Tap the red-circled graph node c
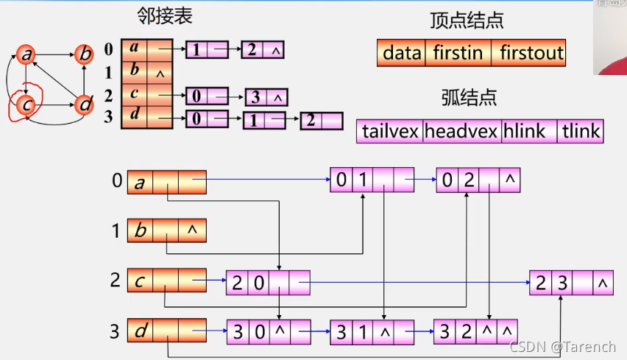pyautogui.click(x=26, y=105)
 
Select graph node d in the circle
pyautogui.click(x=85, y=105)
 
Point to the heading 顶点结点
pyautogui.click(x=467, y=21)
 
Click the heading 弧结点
pyautogui.click(x=469, y=97)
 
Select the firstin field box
pyautogui.click(x=458, y=53)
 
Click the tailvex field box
pyautogui.click(x=390, y=132)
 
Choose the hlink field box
pyautogui.click(x=528, y=132)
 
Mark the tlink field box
pyautogui.click(x=581, y=132)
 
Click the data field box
pyautogui.click(x=402, y=53)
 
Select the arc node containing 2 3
pyautogui.click(x=570, y=283)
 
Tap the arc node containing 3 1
pyautogui.click(x=372, y=331)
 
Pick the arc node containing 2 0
pyautogui.click(x=268, y=283)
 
